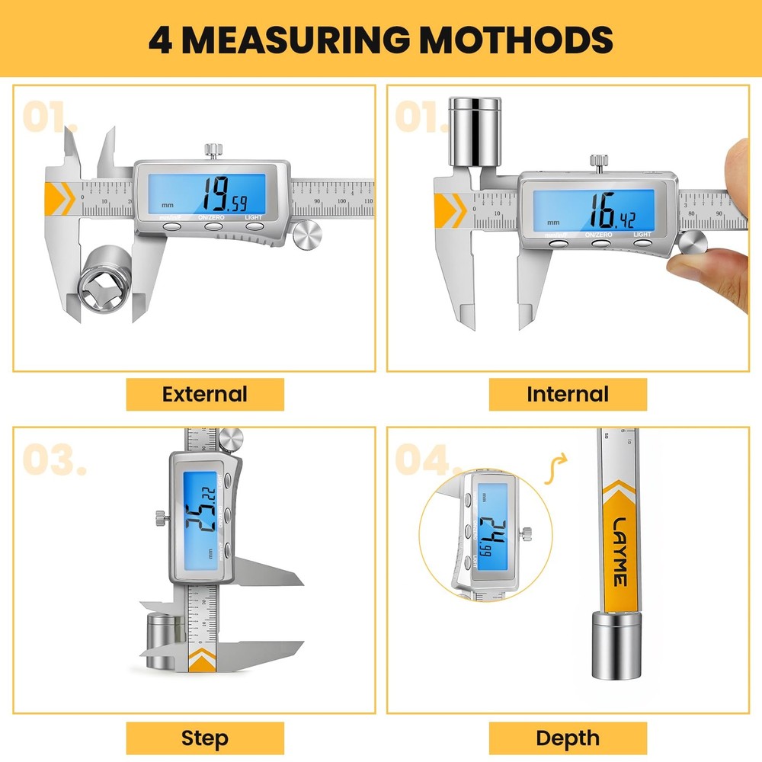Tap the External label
[x=205, y=394]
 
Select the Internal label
[x=568, y=394]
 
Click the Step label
[x=205, y=738]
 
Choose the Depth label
[x=568, y=738]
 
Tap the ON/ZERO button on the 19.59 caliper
[x=213, y=226]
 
